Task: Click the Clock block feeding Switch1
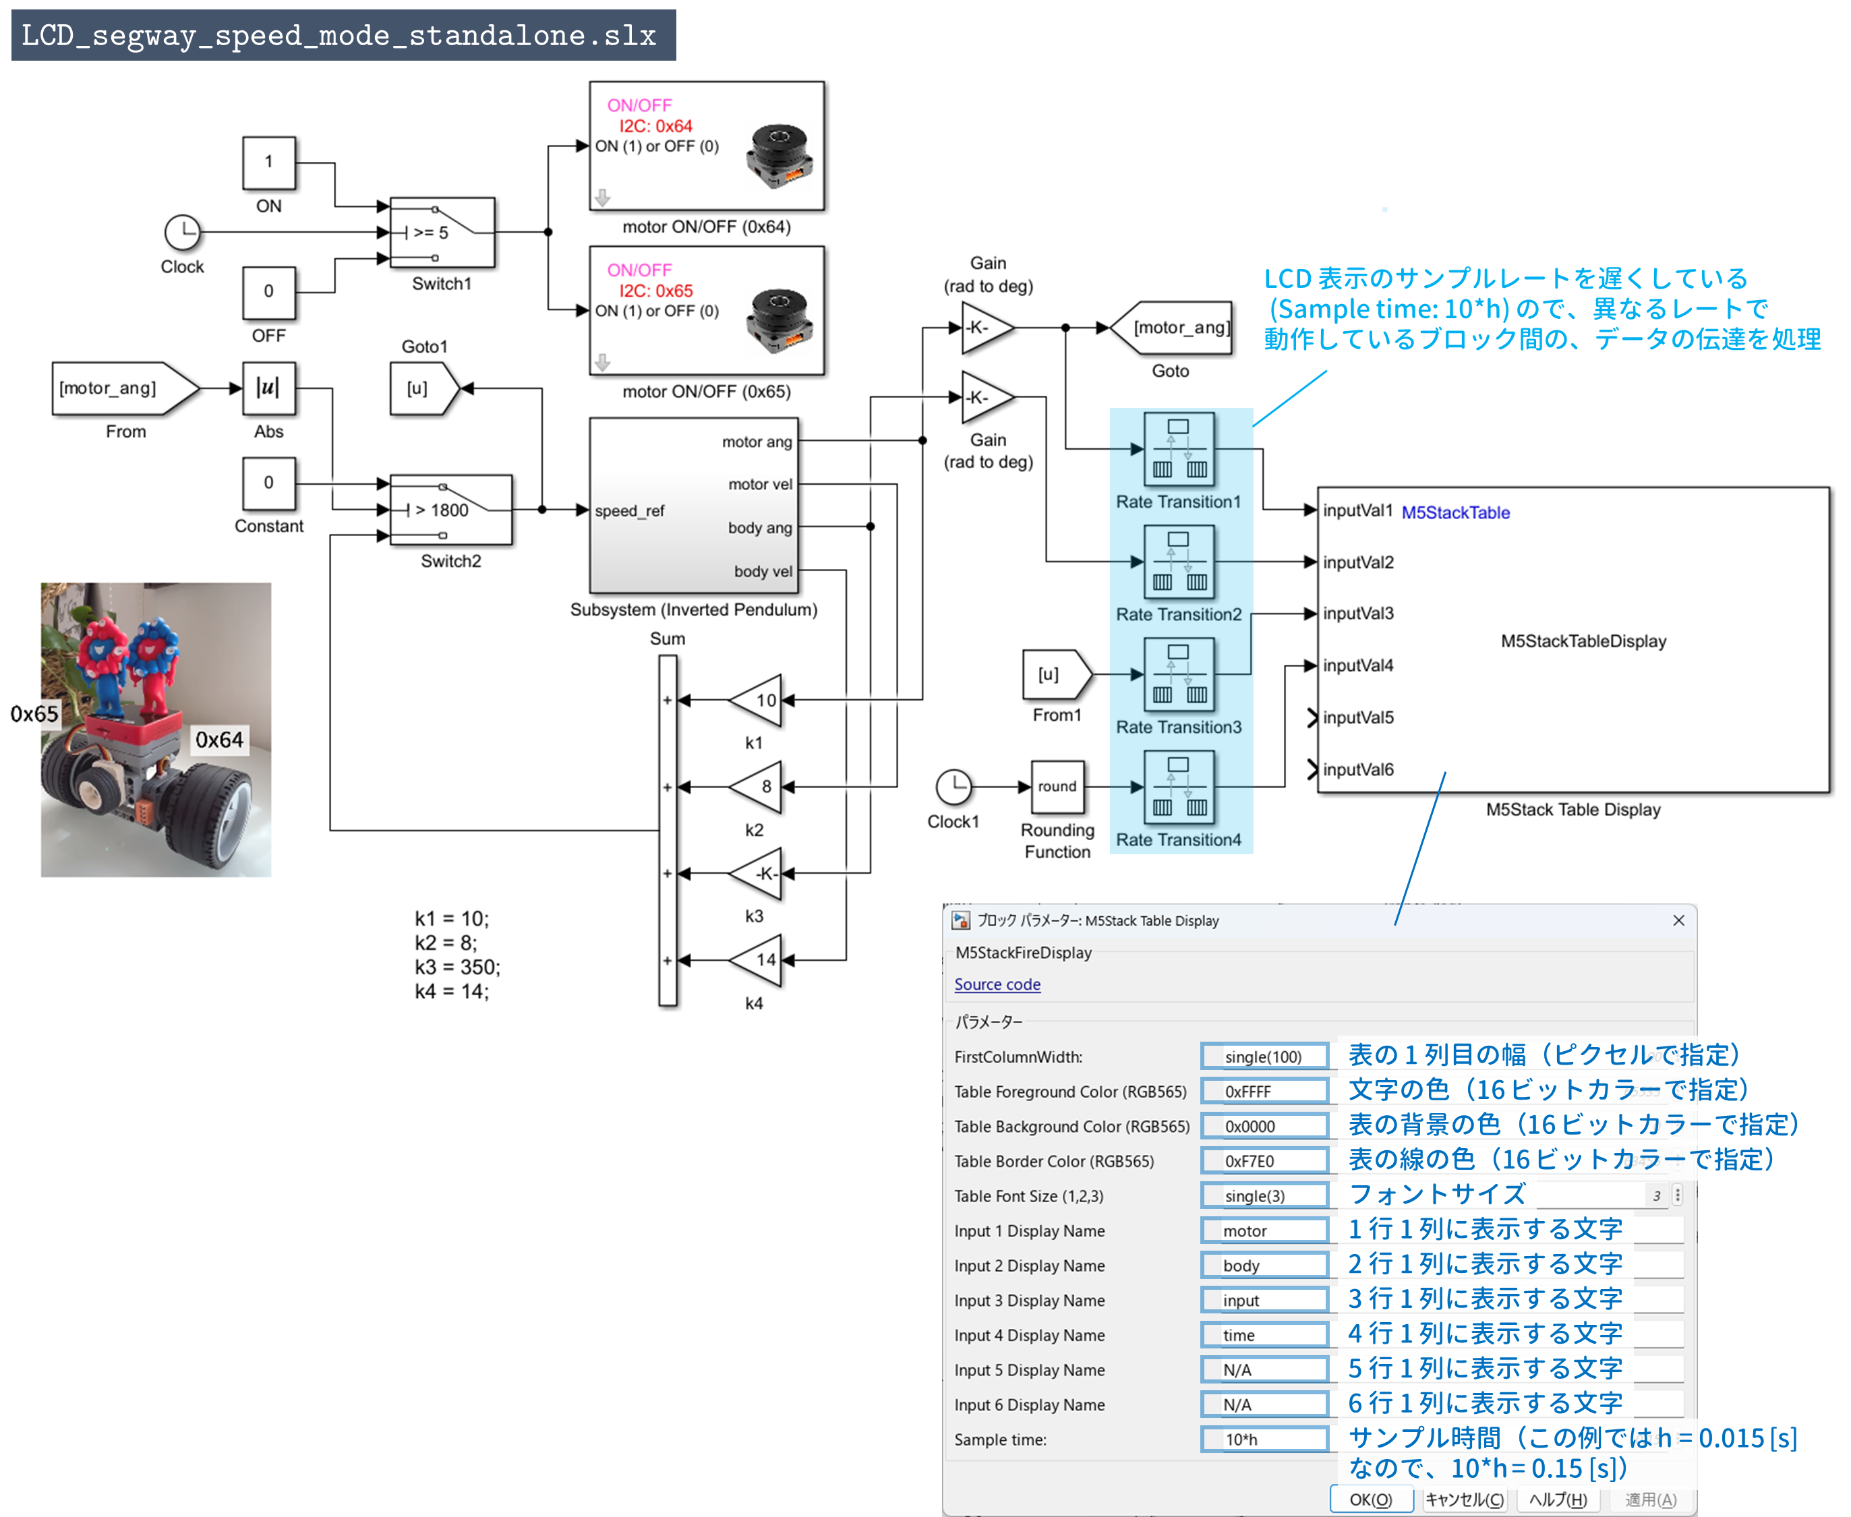click(183, 233)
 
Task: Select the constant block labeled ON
click(268, 162)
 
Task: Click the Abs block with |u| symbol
click(268, 388)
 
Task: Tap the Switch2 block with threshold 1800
click(450, 510)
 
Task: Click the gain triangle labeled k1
click(757, 700)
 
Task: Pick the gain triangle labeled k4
click(757, 959)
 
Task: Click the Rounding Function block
click(1057, 786)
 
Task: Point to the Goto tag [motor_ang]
click(1174, 328)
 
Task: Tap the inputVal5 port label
click(1357, 717)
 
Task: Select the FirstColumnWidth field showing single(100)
click(1264, 1057)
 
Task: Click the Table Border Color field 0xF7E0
click(1264, 1160)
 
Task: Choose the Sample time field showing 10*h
click(1264, 1439)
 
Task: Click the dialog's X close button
click(1678, 920)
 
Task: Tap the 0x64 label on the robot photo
click(218, 740)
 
